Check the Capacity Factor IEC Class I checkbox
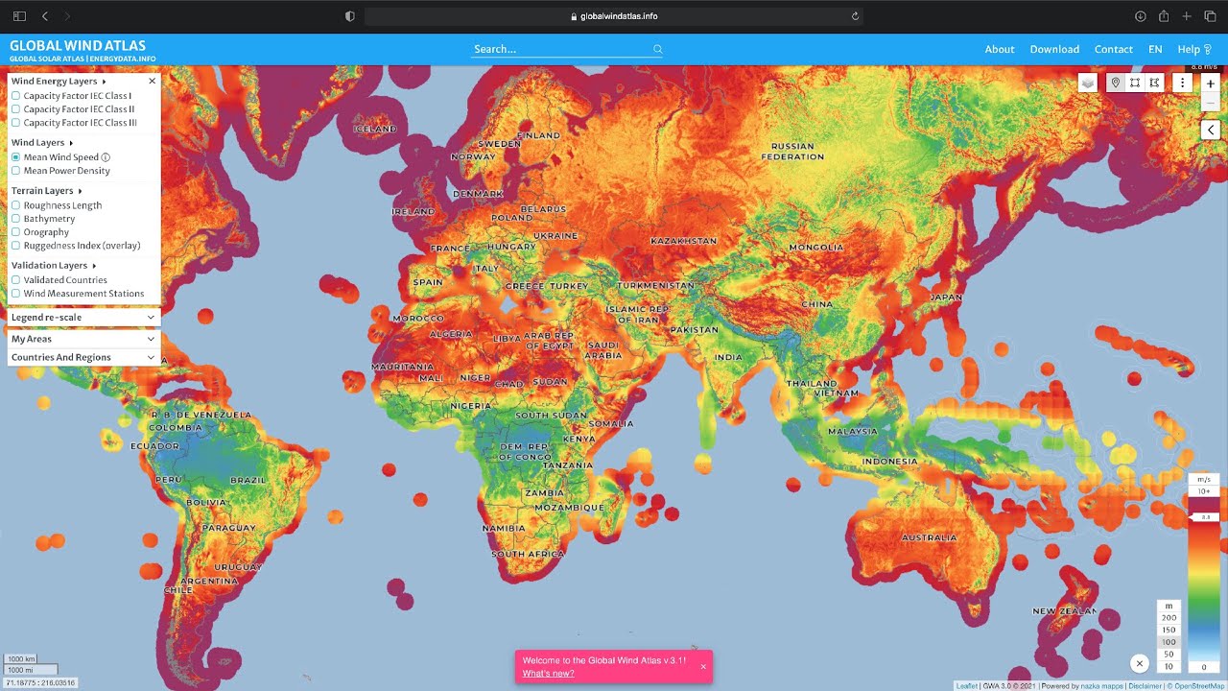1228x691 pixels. (16, 96)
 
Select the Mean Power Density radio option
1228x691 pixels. (16, 171)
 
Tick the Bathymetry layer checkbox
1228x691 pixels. (16, 219)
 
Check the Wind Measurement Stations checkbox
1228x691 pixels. (16, 294)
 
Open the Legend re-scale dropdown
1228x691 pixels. (83, 318)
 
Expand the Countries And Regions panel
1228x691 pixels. (83, 357)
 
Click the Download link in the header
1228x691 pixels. (1054, 49)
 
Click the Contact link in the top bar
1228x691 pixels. (1113, 49)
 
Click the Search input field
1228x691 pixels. (561, 49)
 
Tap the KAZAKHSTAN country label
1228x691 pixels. (683, 240)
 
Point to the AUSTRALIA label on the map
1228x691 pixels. (929, 537)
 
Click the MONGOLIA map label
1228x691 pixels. (815, 248)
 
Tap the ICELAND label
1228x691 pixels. (375, 129)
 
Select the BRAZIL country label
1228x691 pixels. (248, 480)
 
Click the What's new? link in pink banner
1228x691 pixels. (548, 674)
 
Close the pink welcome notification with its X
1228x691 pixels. (702, 666)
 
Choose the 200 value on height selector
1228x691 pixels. (1169, 618)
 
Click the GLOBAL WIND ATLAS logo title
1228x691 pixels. (78, 45)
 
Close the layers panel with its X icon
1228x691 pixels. (152, 82)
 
